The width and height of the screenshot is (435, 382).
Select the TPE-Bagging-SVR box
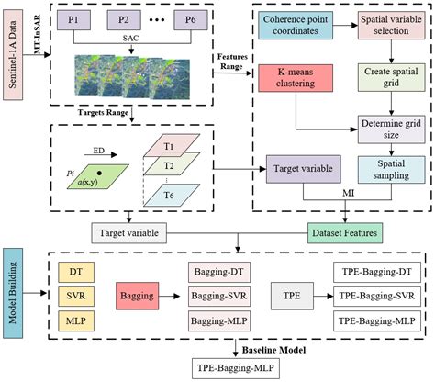pyautogui.click(x=374, y=298)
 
